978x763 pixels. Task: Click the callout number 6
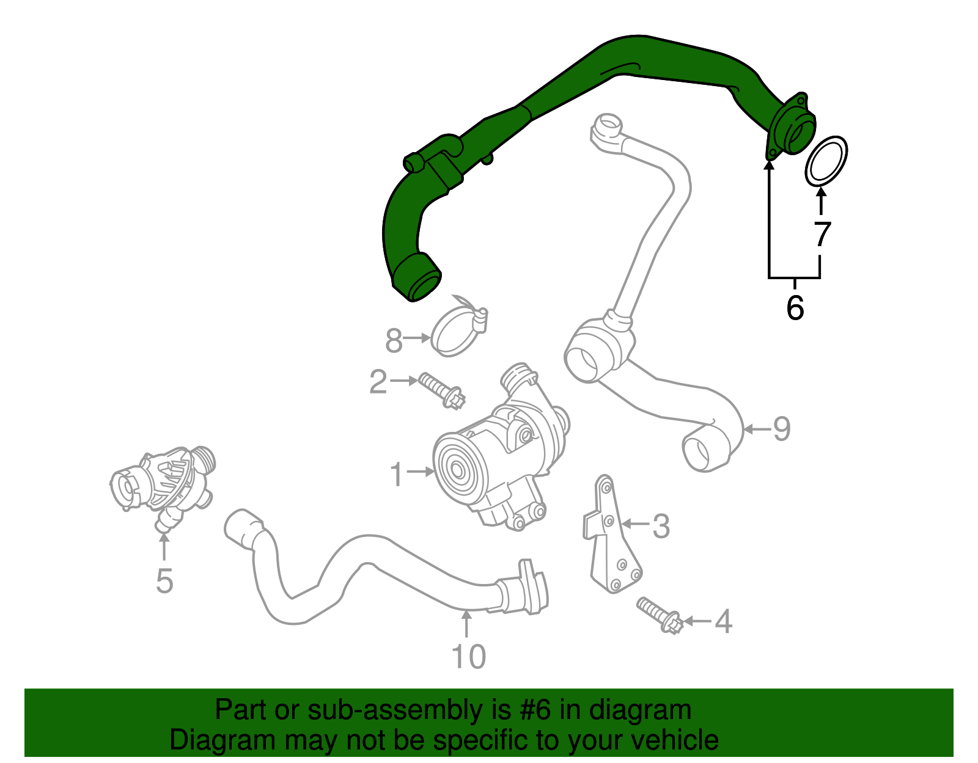795,307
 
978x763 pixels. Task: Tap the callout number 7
823,234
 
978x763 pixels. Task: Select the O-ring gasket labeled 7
826,161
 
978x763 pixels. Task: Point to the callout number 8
394,340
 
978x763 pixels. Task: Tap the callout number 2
378,382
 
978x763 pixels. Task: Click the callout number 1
397,474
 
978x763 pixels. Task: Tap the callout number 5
164,580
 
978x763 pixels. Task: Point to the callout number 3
661,526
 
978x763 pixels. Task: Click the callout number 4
723,622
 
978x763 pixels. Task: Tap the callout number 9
782,429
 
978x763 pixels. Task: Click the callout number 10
468,657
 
